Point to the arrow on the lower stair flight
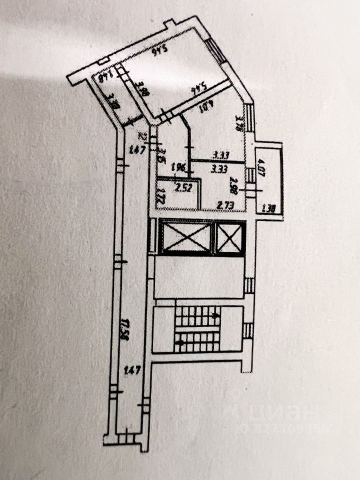181,343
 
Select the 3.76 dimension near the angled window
239,123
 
